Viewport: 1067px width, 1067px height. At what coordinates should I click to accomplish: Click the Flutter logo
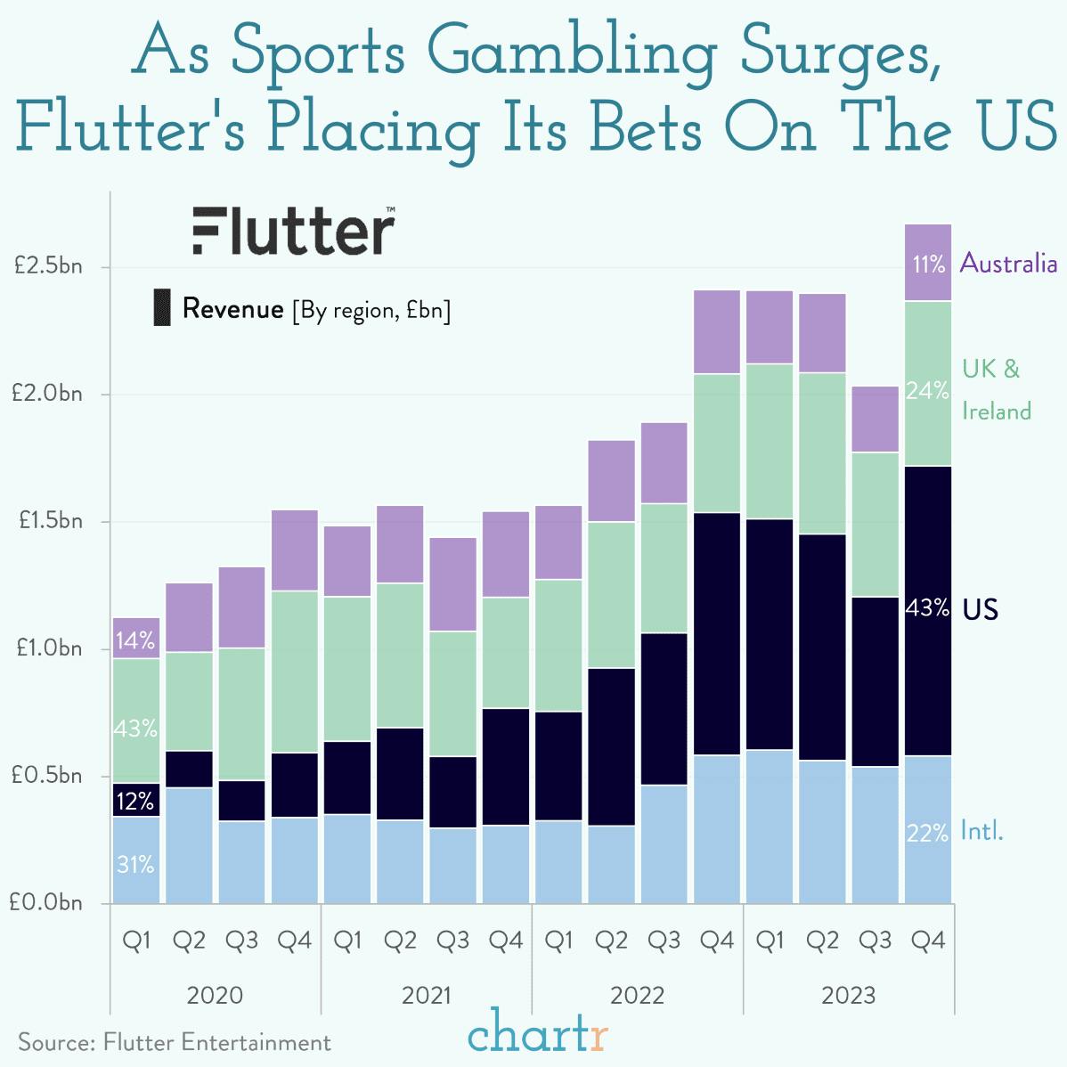(293, 232)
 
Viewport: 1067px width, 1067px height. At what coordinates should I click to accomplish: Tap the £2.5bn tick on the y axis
(46, 266)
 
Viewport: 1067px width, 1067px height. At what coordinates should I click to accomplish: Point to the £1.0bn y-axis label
(46, 648)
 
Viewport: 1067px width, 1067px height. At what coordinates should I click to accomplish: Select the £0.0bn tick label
(46, 902)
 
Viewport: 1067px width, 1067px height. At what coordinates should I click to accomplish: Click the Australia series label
(1008, 264)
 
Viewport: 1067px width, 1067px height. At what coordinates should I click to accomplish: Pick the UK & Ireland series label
(996, 390)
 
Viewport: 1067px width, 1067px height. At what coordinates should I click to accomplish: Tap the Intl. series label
(981, 832)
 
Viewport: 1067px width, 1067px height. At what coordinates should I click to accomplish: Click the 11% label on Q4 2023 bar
(928, 265)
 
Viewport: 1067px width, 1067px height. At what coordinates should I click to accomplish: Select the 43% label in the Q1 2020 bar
(135, 729)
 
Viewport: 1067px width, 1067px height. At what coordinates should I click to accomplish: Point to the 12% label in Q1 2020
(135, 802)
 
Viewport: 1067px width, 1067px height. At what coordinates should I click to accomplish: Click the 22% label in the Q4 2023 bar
(927, 834)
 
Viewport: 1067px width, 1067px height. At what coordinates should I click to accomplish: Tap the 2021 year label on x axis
(426, 995)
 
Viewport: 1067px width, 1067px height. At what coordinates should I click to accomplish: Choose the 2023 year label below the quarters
(848, 995)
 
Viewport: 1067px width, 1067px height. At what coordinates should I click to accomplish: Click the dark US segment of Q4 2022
(717, 634)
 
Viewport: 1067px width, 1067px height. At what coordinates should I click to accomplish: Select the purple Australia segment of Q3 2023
(876, 419)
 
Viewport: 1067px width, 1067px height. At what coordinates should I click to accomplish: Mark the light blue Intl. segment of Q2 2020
(189, 844)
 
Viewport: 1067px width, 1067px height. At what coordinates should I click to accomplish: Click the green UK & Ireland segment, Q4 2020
(295, 672)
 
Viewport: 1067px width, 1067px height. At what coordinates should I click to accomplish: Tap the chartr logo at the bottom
(538, 1037)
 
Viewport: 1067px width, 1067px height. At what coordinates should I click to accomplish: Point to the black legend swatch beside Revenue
(162, 307)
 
